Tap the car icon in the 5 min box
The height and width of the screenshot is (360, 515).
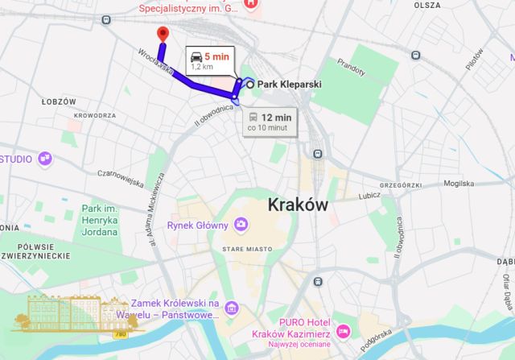(x=196, y=56)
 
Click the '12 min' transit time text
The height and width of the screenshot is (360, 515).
(x=275, y=117)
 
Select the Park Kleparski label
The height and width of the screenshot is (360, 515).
(x=290, y=83)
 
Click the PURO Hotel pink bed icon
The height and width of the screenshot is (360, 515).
(x=343, y=331)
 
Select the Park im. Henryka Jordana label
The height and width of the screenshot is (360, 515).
(x=100, y=220)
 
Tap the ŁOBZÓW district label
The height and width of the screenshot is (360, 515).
(x=58, y=101)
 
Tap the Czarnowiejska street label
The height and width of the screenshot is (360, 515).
(x=97, y=172)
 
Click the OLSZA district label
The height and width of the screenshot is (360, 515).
(x=427, y=5)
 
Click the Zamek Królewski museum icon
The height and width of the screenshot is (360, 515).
(x=232, y=308)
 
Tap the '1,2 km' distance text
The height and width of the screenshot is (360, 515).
(x=202, y=67)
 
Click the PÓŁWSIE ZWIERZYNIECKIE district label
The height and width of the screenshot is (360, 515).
(x=30, y=251)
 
